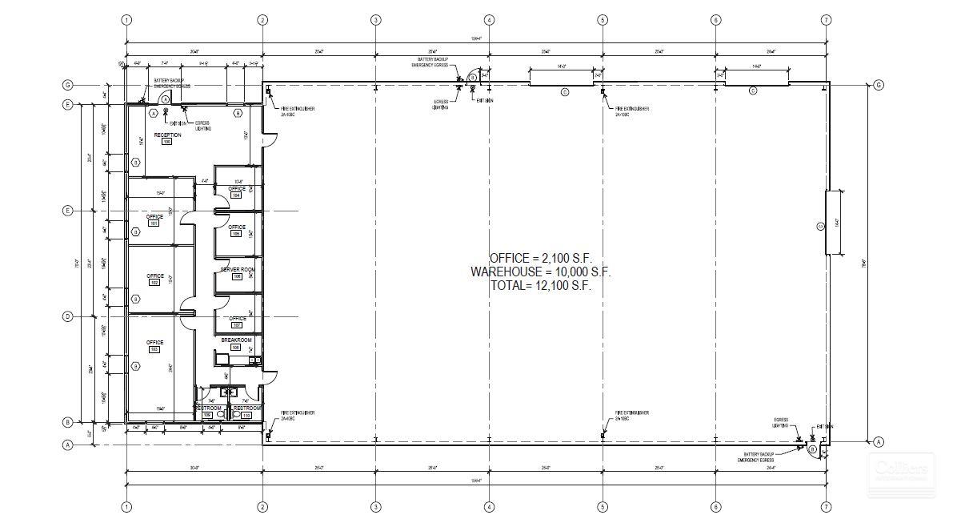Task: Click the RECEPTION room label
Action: pos(167,135)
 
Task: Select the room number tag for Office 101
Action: pos(154,223)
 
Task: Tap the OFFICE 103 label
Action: pos(154,343)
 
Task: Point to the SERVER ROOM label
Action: pos(237,269)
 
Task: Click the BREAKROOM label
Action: pos(236,340)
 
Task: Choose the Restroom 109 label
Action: pos(208,408)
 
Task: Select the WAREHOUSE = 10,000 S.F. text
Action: pos(540,272)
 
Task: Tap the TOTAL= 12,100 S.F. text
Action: pos(540,285)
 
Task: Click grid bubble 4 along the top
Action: pos(489,19)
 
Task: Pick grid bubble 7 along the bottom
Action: pos(827,507)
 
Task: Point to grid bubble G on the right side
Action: pos(879,85)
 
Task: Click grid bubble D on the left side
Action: pos(68,317)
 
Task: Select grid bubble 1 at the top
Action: pos(126,19)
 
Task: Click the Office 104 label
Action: pos(236,189)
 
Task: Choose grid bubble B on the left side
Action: pos(68,422)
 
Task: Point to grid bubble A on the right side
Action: pos(879,441)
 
